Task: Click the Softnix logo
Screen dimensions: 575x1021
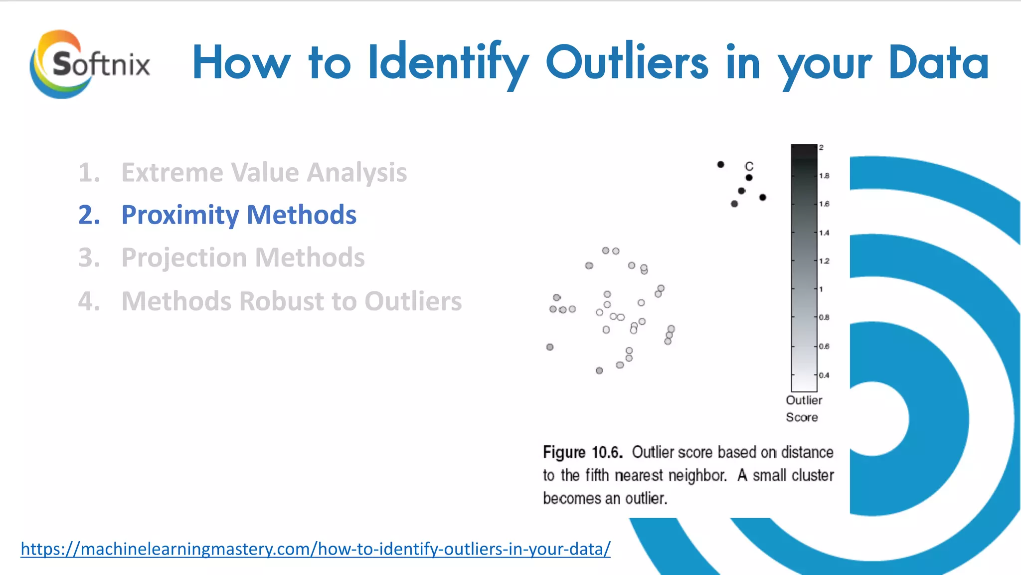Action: coord(90,64)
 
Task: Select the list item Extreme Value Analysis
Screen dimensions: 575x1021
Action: coord(264,173)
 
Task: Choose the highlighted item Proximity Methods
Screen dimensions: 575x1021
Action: coord(239,215)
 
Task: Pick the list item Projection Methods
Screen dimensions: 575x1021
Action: coord(243,258)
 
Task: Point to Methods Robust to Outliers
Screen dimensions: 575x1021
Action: coord(292,301)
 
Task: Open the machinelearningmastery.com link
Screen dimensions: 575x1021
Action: coord(315,549)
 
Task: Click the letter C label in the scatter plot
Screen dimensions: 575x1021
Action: coord(749,166)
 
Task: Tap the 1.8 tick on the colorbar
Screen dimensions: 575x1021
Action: coord(824,176)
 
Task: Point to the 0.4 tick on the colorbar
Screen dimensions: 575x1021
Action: coord(824,375)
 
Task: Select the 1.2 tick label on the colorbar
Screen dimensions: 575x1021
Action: coord(824,261)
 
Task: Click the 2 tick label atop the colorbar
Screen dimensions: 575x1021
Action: coord(821,148)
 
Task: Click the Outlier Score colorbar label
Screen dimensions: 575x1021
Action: coord(803,409)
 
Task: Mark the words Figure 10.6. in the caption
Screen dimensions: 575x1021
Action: coord(582,452)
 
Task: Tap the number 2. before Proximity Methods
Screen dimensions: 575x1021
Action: coord(89,215)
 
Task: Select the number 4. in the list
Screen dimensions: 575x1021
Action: coord(89,301)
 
